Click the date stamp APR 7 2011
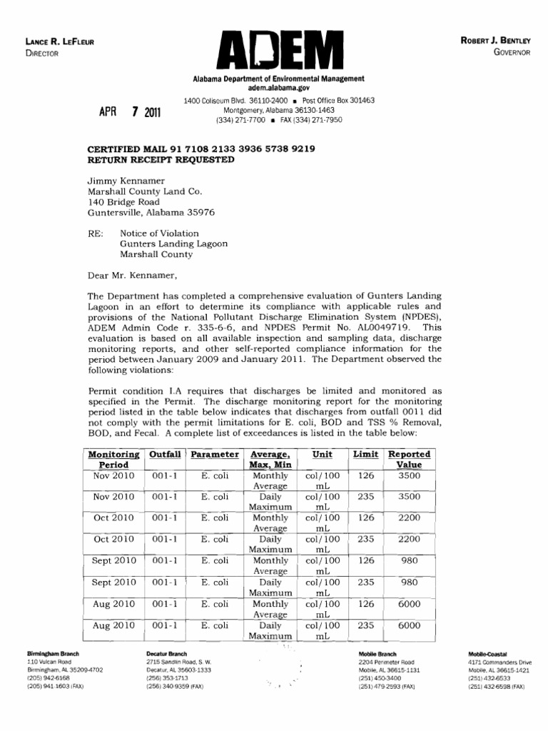[x=131, y=113]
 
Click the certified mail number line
[x=201, y=149]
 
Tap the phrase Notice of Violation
[x=160, y=233]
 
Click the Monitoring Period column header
[x=114, y=459]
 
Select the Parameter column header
[x=215, y=454]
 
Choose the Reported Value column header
[x=409, y=459]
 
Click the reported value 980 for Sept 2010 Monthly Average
[x=409, y=561]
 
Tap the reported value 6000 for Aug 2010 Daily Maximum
[x=409, y=625]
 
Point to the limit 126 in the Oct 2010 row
[x=365, y=518]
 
